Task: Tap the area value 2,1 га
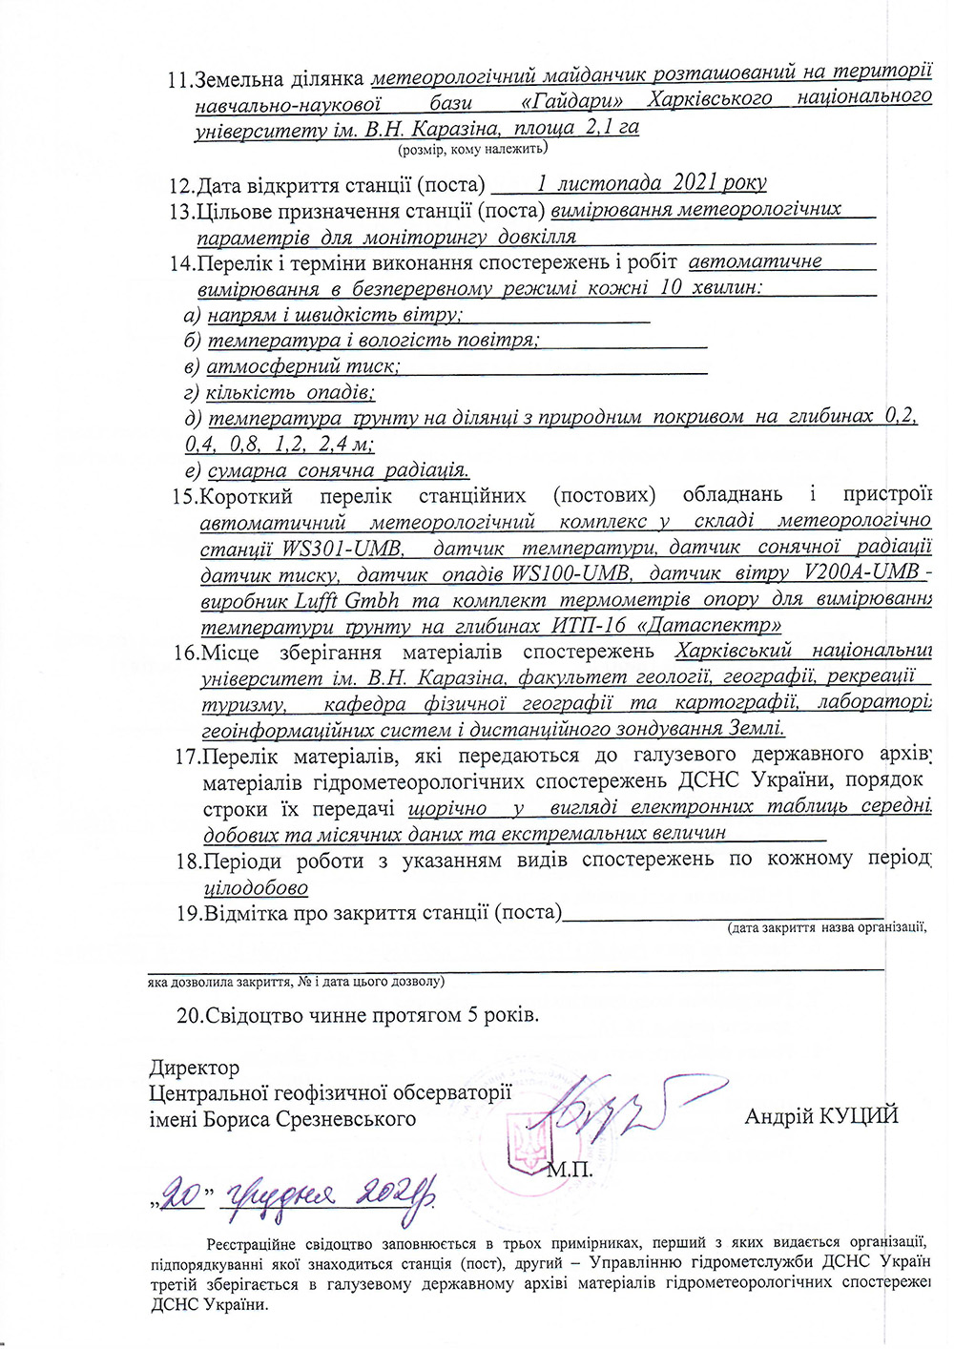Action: pyautogui.click(x=614, y=128)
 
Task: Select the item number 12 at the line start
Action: pyautogui.click(x=180, y=185)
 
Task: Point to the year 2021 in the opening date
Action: pyautogui.click(x=697, y=183)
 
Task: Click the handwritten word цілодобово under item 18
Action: pyautogui.click(x=256, y=888)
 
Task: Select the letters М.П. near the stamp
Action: pyautogui.click(x=570, y=1169)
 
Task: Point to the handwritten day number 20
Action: pyautogui.click(x=181, y=1193)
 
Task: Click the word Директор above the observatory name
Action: pyautogui.click(x=194, y=1068)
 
